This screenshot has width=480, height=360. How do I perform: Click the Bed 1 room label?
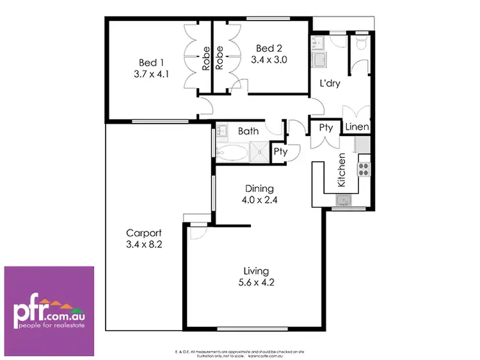pos(152,63)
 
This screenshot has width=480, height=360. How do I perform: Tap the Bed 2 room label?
pos(269,49)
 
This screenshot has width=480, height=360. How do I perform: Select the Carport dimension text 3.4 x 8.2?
pos(143,244)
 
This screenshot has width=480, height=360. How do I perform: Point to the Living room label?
pos(256,271)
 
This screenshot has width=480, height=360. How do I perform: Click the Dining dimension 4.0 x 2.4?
pos(259,200)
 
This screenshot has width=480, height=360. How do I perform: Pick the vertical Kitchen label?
pos(342,170)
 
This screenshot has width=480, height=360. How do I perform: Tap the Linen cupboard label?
pos(357,127)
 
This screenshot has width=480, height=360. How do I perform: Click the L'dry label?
pos(330,84)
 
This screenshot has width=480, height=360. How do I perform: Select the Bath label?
pos(248,131)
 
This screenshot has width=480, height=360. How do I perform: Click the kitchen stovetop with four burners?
pos(364,169)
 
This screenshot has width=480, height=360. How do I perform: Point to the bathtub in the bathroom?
pos(232,153)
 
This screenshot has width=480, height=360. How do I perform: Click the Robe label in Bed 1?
pos(206,59)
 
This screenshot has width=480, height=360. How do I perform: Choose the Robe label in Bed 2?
pos(220,58)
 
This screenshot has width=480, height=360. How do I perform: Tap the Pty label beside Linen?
pos(326,128)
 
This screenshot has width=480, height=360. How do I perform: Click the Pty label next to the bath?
pos(280,152)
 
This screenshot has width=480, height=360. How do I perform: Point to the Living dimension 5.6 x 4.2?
pos(256,282)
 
